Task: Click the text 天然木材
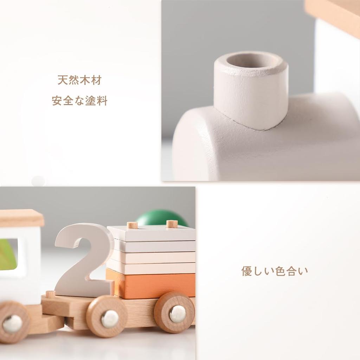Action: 79,80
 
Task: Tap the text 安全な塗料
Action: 79,101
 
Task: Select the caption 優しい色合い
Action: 275,271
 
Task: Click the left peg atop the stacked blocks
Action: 132,225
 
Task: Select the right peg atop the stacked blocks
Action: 172,224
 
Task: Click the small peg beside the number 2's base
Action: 50,294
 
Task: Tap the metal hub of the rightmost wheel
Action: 177,314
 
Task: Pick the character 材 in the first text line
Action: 96,80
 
